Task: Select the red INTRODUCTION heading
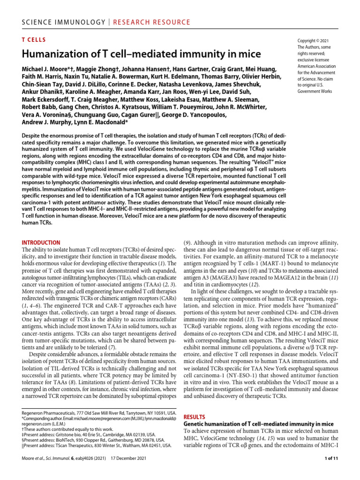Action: [41, 243]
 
